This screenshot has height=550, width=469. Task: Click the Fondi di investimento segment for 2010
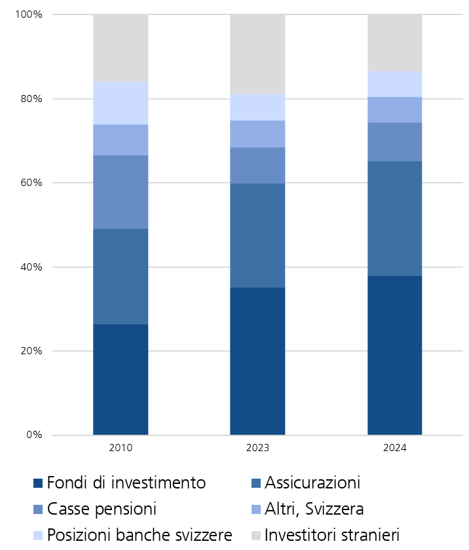point(121,379)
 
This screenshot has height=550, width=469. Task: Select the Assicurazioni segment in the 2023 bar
point(257,235)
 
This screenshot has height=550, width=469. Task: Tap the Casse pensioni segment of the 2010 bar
point(121,192)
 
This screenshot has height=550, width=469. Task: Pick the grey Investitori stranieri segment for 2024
point(394,43)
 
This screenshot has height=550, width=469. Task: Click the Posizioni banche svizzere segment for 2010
point(121,103)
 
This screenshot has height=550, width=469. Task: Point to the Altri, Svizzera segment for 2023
point(257,134)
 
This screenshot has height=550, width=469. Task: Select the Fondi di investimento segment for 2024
point(394,355)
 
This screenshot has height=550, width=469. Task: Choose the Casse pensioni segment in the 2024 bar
point(394,141)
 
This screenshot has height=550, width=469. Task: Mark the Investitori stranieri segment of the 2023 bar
point(257,54)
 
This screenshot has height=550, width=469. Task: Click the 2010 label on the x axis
point(121,449)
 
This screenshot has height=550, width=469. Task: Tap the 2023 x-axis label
point(257,449)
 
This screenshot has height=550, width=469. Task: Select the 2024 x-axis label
point(394,449)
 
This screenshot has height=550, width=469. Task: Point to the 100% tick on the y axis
point(29,14)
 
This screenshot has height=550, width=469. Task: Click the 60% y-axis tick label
point(31,183)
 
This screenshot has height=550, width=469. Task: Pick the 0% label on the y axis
point(34,435)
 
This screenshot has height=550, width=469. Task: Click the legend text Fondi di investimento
point(126,483)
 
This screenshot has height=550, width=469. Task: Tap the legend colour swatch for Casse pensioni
point(38,509)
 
